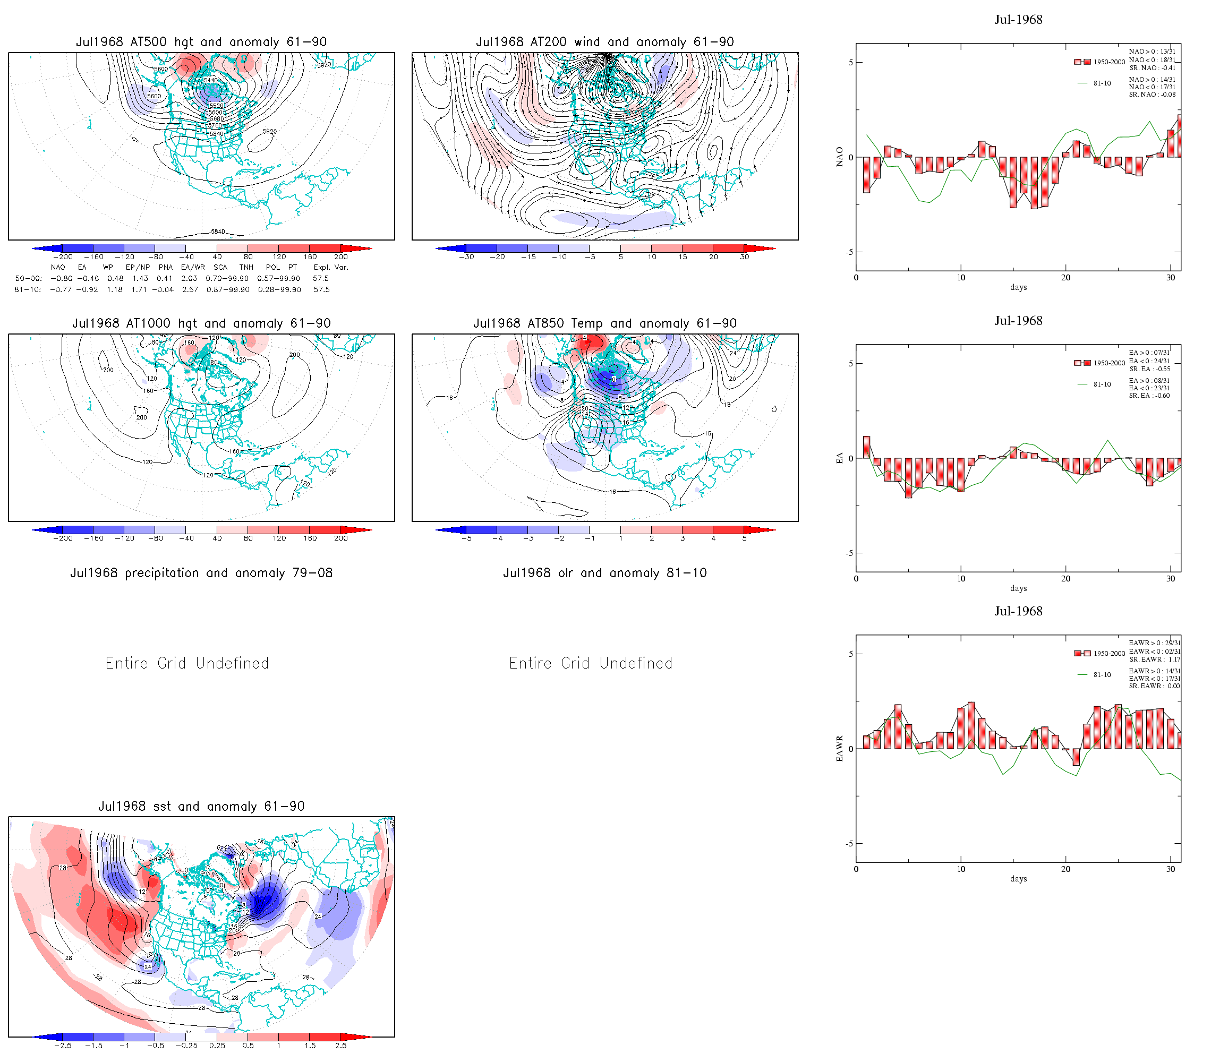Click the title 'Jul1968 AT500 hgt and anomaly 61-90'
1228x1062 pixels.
[201, 42]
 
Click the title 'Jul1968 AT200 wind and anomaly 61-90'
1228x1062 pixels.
[604, 42]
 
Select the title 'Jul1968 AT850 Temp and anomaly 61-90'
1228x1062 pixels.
[604, 323]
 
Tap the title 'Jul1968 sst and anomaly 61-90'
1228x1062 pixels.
[201, 807]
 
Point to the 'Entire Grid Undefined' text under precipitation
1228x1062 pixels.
[187, 663]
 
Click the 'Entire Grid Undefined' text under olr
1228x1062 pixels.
[591, 663]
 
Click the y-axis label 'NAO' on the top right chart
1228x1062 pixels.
[839, 157]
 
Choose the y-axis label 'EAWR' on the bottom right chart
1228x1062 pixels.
[839, 749]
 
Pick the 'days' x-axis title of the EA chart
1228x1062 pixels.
[1018, 588]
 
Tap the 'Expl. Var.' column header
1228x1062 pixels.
[331, 267]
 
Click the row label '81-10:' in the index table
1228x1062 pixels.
[28, 290]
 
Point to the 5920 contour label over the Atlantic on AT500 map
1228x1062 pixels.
[270, 132]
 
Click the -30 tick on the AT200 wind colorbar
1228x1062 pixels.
[466, 257]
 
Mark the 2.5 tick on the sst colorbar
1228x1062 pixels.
[341, 1046]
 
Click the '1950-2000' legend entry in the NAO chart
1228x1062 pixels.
[1109, 62]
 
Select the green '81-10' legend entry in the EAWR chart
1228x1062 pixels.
[1102, 675]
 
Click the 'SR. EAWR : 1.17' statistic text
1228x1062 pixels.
[1154, 660]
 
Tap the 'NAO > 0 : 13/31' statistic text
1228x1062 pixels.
[1152, 52]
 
